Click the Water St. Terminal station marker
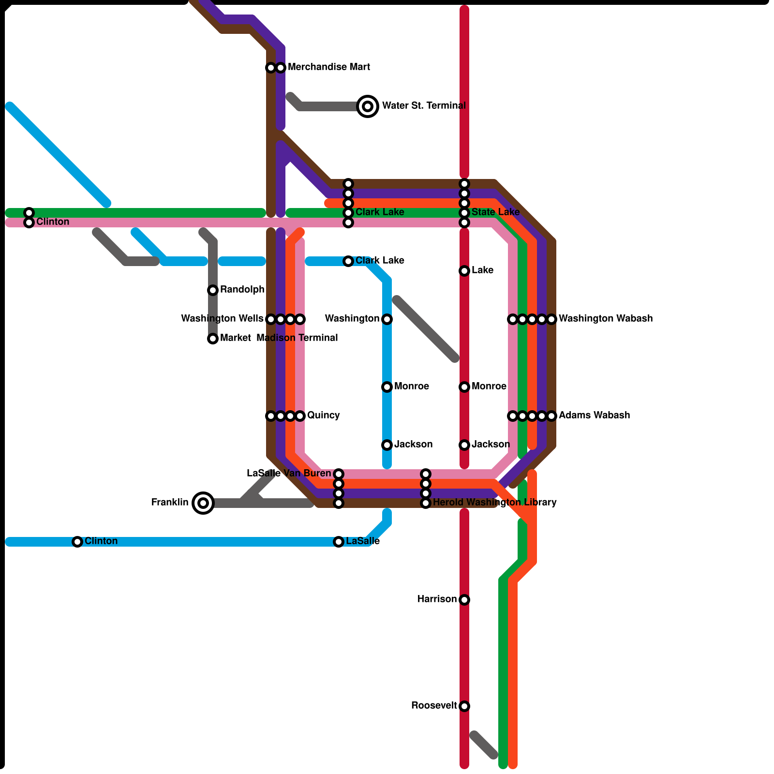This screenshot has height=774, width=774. (x=368, y=106)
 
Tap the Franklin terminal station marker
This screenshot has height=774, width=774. (x=203, y=503)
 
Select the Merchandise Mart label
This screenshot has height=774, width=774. (x=329, y=67)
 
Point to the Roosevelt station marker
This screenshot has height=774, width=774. (x=464, y=706)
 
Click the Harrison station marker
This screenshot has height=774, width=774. (x=464, y=600)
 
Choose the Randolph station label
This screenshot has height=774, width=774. (x=242, y=290)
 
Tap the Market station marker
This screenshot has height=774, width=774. (x=213, y=339)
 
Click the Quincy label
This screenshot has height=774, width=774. (x=323, y=416)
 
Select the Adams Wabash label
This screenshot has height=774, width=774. (x=594, y=416)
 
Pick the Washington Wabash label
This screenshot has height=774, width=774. (x=606, y=319)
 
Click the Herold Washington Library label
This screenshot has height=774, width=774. (x=494, y=503)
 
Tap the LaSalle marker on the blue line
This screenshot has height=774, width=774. (x=339, y=542)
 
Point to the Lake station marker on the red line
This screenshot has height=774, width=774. (x=464, y=271)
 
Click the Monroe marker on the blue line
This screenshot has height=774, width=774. (x=387, y=387)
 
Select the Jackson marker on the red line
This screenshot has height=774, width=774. (x=464, y=445)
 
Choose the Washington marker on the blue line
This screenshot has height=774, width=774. (x=387, y=319)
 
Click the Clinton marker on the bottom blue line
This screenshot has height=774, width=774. (x=77, y=542)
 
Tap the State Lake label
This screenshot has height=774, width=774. (x=495, y=212)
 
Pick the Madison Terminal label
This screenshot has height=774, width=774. (x=297, y=338)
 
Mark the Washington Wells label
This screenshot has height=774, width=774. (x=222, y=319)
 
